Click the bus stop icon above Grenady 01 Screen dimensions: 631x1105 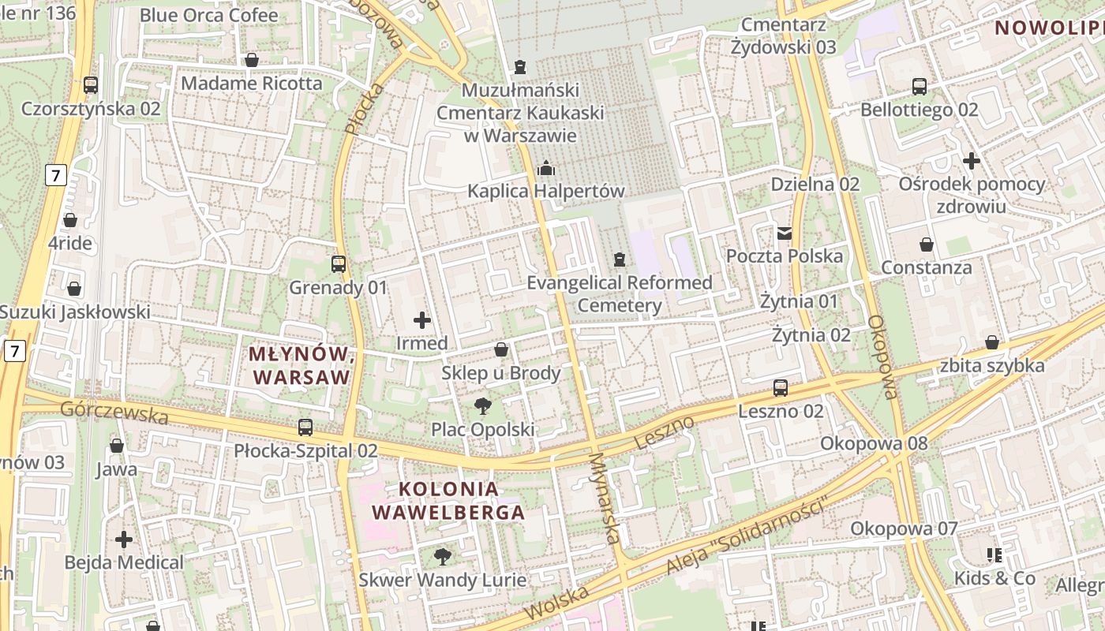339,264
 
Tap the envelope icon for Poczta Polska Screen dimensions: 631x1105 785,233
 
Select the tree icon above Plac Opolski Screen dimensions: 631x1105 482,406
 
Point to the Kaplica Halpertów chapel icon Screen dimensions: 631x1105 545,167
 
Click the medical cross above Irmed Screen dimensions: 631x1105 422,320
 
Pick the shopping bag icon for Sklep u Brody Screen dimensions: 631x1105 501,349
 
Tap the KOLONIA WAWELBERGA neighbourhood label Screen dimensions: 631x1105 448,500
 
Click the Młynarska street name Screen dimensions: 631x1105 605,498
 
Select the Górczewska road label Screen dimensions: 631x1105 114,412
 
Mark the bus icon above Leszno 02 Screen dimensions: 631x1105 781,387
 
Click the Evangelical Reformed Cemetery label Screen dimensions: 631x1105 620,293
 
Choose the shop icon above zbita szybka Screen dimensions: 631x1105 992,342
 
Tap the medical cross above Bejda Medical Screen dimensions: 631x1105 124,540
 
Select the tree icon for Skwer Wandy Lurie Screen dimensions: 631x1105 443,557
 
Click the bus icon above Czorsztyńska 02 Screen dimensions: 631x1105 91,85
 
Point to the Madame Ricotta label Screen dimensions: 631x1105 252,83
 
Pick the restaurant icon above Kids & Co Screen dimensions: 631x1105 994,554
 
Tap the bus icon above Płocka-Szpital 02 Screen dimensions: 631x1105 305,428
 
